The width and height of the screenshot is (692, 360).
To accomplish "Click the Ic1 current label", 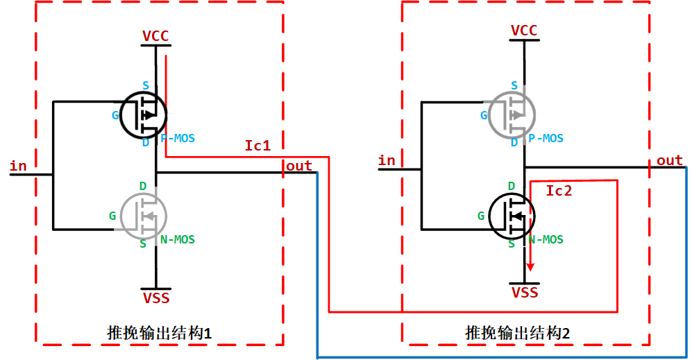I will click(257, 146).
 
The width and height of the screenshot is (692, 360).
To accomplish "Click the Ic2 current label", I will click(559, 191).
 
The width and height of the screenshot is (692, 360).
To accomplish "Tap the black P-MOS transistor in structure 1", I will click(144, 114).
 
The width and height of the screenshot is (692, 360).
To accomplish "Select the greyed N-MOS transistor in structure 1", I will click(144, 215).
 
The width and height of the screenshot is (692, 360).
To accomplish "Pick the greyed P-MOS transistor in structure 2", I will click(512, 114).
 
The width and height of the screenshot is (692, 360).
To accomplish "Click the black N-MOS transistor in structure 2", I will click(512, 215).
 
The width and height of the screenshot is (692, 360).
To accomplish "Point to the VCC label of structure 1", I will click(155, 36).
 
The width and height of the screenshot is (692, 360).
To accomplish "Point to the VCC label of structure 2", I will click(524, 31).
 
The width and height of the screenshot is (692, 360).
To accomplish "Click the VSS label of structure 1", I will click(155, 299).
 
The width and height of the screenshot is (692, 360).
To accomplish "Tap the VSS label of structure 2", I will click(525, 293).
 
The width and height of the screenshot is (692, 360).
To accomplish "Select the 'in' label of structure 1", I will click(18, 166).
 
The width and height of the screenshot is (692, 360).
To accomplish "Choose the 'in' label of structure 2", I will click(387, 161).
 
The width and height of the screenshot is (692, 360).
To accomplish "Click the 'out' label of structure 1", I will click(299, 166).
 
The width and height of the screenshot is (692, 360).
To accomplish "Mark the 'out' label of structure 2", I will click(670, 161).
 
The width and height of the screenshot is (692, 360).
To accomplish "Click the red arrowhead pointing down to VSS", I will click(531, 266).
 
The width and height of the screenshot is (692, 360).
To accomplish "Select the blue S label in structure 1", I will click(146, 85).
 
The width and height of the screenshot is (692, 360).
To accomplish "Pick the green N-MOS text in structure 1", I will click(178, 240).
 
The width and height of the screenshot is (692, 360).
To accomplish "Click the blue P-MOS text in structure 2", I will click(546, 139).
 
